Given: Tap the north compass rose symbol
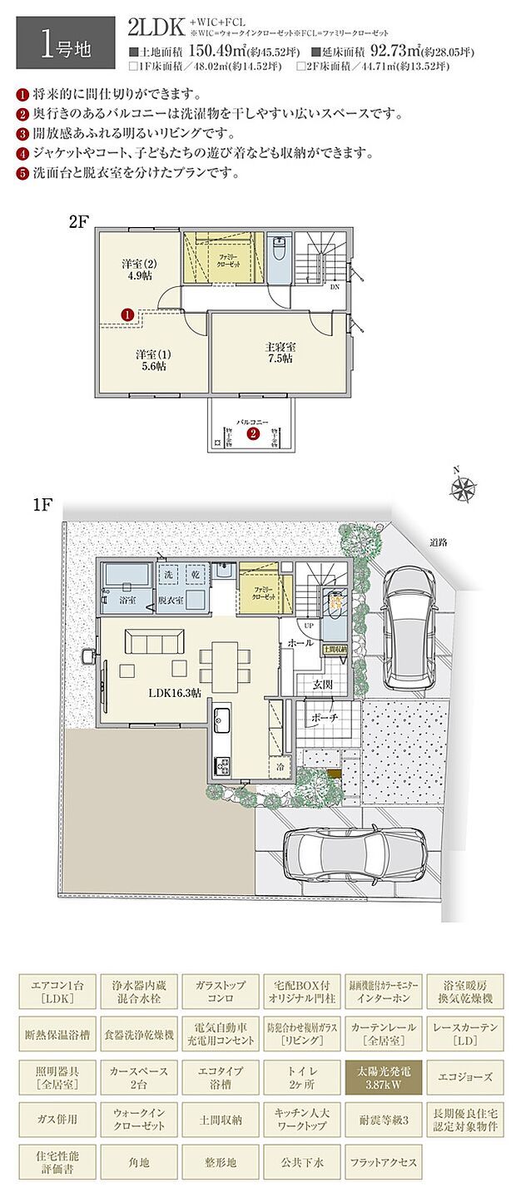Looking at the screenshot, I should pyautogui.click(x=464, y=489).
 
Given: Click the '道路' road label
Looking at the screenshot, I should pyautogui.click(x=439, y=542).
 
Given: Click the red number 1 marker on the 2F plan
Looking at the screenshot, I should pyautogui.click(x=127, y=314).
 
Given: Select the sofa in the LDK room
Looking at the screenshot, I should pyautogui.click(x=155, y=642).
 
